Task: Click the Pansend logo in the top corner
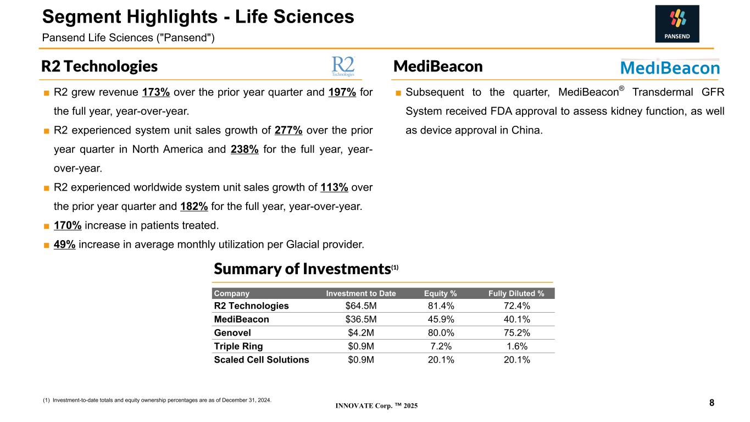(677, 24)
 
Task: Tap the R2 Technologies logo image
(343, 66)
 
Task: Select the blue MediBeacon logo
(670, 67)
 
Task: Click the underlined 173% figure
(156, 92)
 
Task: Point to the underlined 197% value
(342, 92)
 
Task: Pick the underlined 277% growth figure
(288, 130)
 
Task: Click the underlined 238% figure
(245, 149)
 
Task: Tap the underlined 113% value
(334, 187)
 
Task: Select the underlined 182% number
(194, 206)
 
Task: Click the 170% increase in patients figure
(68, 225)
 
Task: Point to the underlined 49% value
(65, 245)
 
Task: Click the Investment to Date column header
(361, 293)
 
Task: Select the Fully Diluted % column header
(516, 293)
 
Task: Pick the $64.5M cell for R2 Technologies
(361, 306)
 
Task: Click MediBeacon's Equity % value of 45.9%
(441, 319)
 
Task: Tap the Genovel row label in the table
(232, 332)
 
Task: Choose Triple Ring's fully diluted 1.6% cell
(517, 346)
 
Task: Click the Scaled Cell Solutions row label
(262, 359)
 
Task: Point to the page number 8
(712, 403)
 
